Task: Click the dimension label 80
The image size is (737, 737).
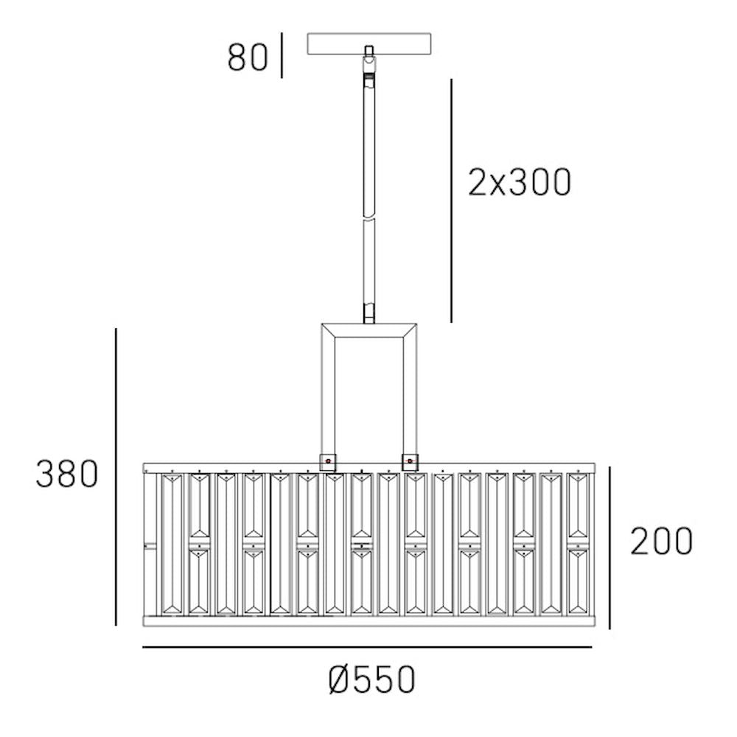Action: point(248,57)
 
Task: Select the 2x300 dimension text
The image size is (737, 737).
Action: point(520,182)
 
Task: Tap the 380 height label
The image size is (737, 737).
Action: point(67,474)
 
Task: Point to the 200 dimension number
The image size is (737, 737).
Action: point(661,541)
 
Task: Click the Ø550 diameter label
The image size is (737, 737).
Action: point(371,680)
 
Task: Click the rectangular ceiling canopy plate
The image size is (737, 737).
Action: point(369,43)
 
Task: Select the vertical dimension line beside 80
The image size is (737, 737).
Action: point(282,55)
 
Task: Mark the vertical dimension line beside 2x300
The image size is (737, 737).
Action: point(452,200)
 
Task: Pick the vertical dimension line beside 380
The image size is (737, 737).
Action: point(116,477)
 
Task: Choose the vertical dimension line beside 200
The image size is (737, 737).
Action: point(609,548)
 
